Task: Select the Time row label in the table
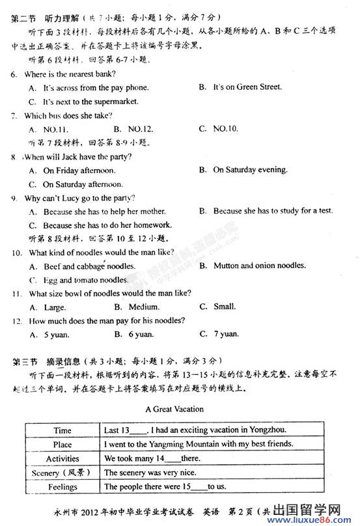(x=62, y=430)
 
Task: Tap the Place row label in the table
(x=62, y=444)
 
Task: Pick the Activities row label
(x=62, y=458)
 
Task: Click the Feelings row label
(x=62, y=487)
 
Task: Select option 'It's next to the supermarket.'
(x=90, y=102)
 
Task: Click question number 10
(x=16, y=252)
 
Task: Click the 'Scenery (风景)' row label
(x=62, y=473)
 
